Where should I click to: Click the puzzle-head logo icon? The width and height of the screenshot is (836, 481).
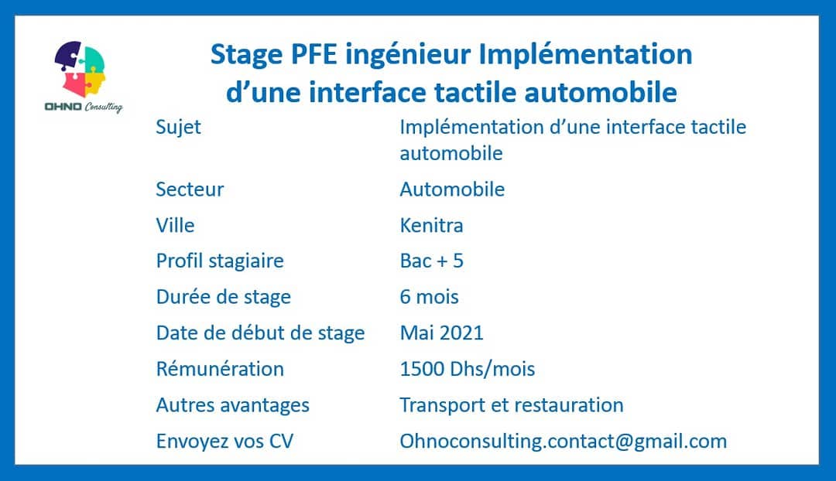(80, 70)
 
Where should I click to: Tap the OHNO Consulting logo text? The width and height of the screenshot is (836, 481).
(84, 107)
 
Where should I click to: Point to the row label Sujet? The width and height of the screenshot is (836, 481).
(178, 128)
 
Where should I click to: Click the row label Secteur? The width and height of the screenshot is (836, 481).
(190, 189)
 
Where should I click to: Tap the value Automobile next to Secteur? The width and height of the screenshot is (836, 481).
(452, 189)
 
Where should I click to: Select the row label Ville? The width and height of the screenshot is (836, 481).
(175, 225)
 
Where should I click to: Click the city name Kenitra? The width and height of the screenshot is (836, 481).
(431, 225)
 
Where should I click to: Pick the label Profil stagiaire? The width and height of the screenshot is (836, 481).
(220, 261)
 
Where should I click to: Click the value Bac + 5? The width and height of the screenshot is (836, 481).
(431, 261)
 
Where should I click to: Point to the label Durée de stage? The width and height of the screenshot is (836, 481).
(224, 297)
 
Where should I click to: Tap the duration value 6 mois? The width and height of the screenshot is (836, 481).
(429, 297)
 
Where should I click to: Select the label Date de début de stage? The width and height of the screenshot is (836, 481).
(260, 333)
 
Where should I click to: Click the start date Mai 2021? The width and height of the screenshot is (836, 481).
(441, 333)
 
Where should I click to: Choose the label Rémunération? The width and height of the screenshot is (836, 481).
(220, 369)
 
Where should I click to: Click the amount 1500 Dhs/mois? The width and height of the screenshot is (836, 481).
(467, 369)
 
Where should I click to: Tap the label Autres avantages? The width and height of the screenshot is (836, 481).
(232, 405)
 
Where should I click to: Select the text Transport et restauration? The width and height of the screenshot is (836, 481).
(512, 404)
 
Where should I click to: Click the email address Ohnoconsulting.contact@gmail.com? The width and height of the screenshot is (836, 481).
(563, 442)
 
